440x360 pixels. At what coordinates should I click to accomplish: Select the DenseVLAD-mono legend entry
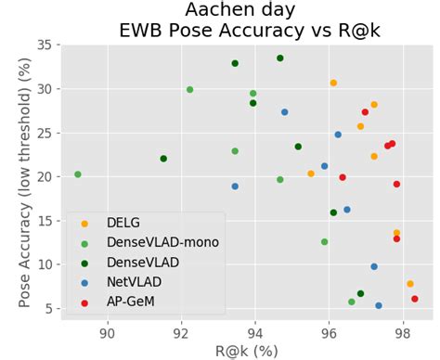coord(161,242)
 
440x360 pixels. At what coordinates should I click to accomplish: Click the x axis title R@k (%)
coord(248,351)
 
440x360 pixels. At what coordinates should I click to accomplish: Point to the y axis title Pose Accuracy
coord(20,176)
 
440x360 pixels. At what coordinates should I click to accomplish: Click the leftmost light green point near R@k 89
coord(78,174)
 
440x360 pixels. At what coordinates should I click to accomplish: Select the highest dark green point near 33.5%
coord(280,58)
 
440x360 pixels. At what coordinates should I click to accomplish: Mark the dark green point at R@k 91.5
coord(163,159)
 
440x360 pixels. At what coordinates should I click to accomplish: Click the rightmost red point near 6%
coord(415,299)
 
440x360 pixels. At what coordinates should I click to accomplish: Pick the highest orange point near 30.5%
coord(333,84)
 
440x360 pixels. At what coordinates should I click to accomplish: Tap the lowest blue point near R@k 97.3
coord(379,305)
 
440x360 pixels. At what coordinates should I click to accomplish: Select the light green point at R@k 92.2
coord(190,90)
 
